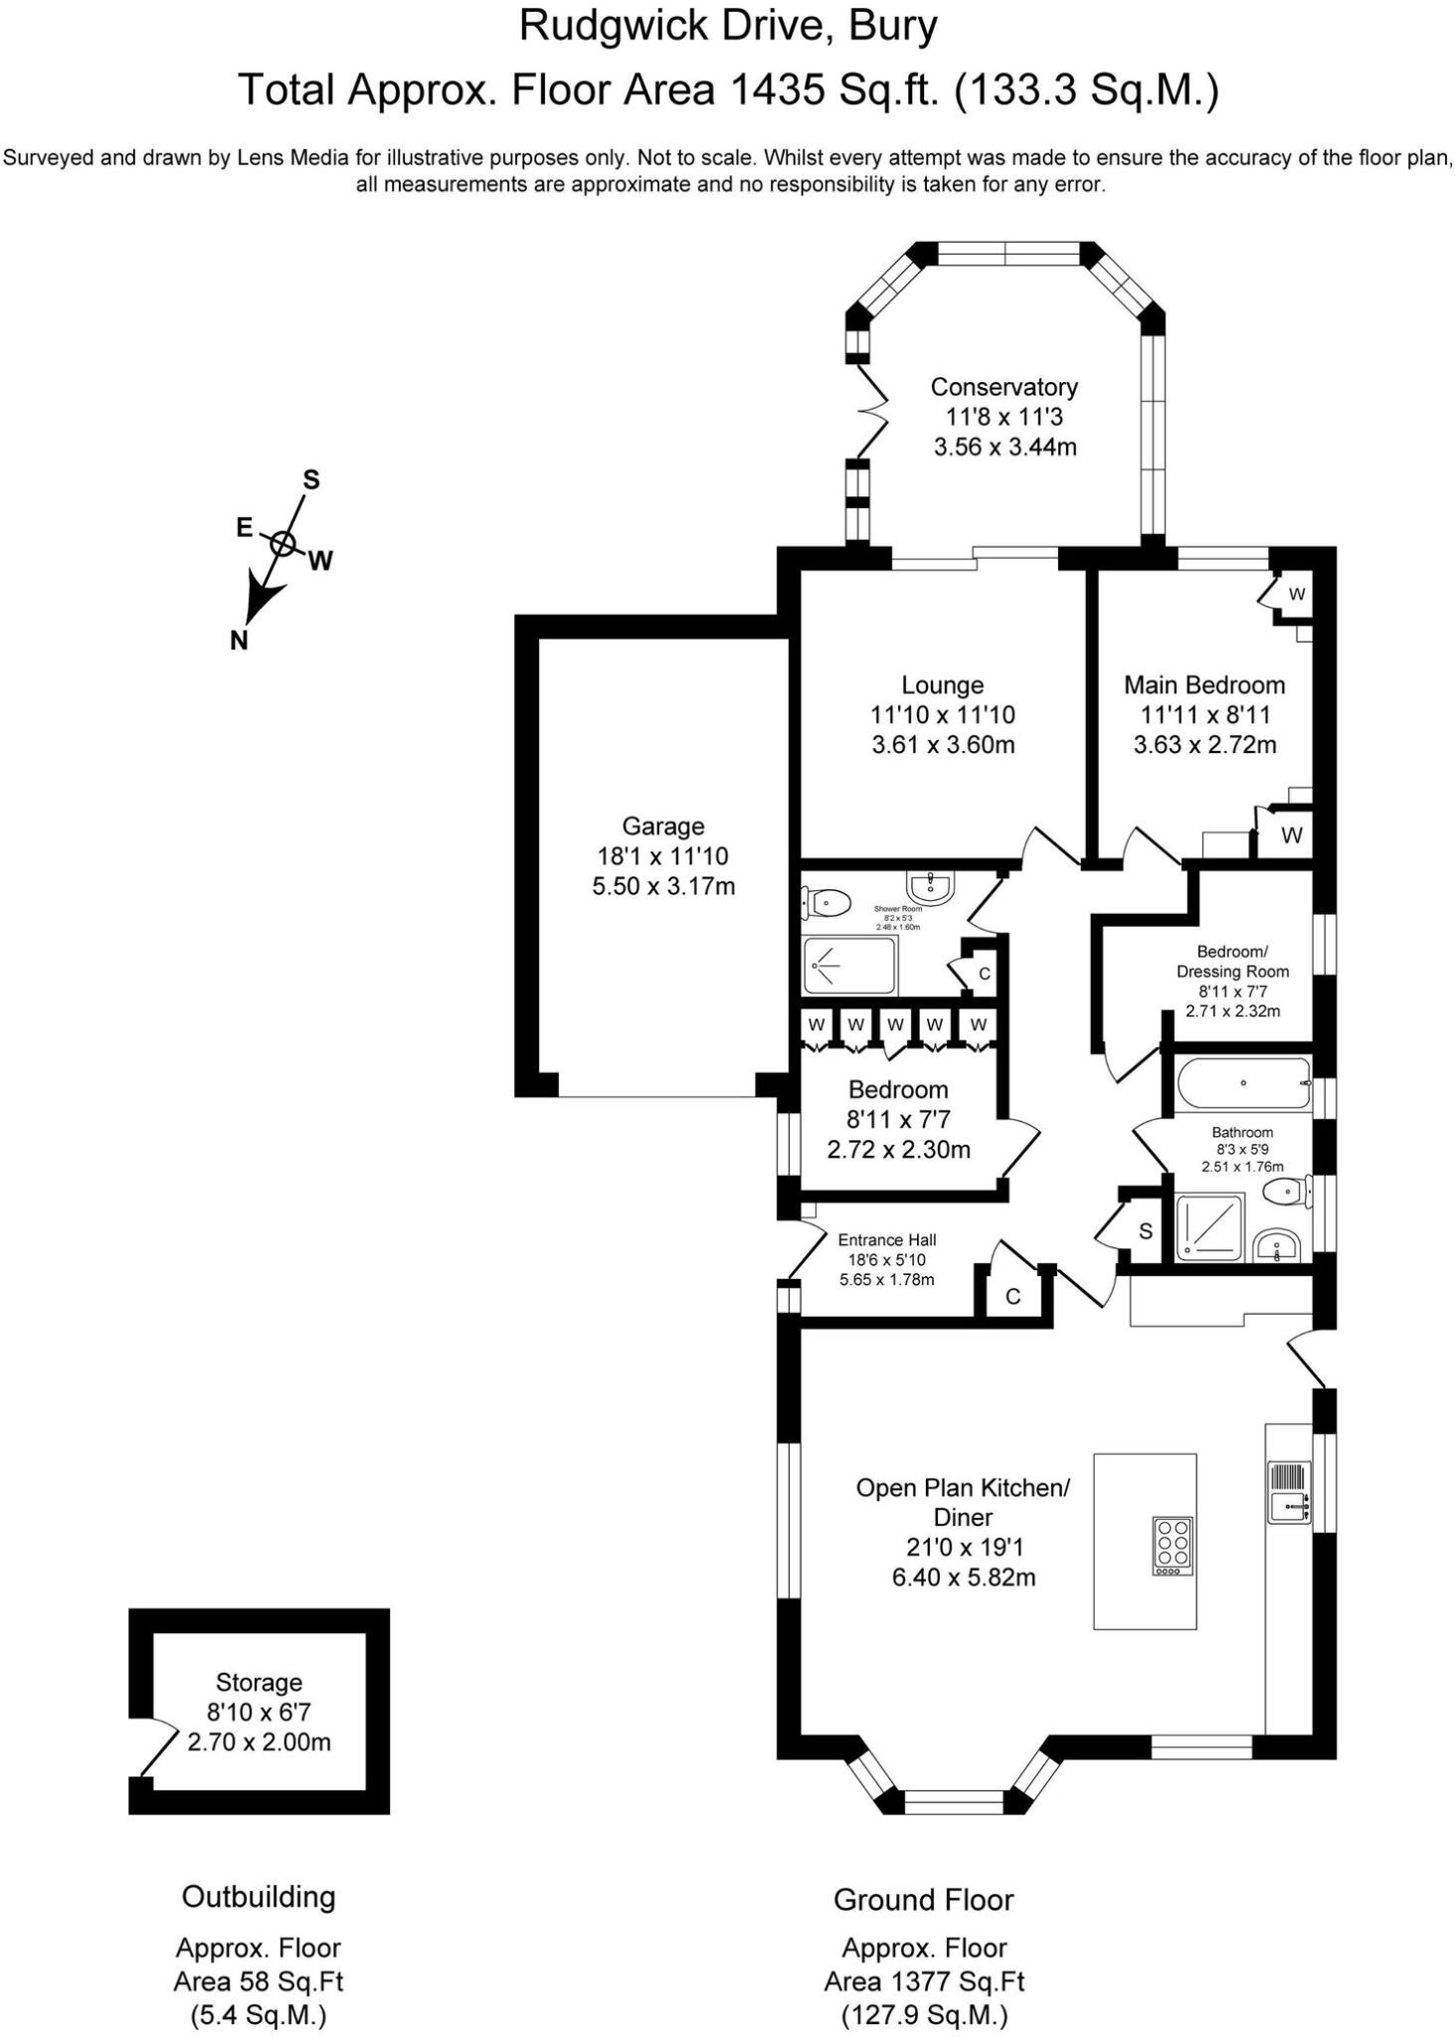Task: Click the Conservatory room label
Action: click(x=1003, y=387)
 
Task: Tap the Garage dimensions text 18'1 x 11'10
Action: click(x=662, y=855)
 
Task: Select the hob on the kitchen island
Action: click(x=1173, y=1546)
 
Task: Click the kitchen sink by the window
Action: click(x=1289, y=1492)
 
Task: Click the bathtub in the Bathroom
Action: click(x=1242, y=1084)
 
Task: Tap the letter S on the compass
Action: click(x=311, y=480)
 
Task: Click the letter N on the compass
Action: click(x=239, y=642)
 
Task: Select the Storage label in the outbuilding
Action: click(x=259, y=1682)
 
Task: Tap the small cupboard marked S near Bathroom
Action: click(x=1145, y=1232)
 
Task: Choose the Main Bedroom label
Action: click(x=1204, y=684)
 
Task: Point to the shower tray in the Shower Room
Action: click(x=849, y=965)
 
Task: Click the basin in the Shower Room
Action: click(x=930, y=883)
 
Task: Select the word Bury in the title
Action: click(x=892, y=26)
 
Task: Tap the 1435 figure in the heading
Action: click(x=778, y=92)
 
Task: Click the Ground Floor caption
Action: click(x=923, y=1900)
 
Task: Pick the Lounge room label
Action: click(x=942, y=684)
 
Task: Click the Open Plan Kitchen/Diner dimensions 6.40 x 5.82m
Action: click(x=963, y=1577)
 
